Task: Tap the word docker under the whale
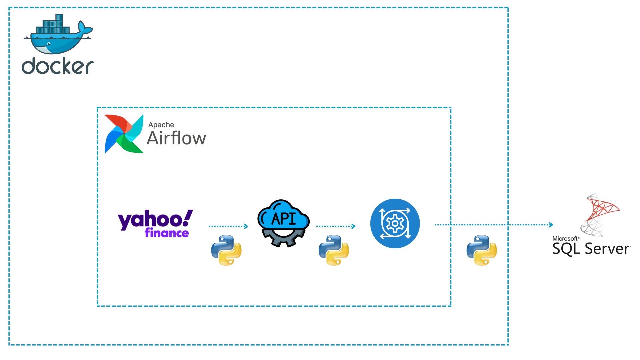click(x=57, y=66)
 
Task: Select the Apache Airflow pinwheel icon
click(x=124, y=134)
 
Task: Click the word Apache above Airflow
click(x=161, y=125)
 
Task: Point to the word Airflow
click(x=176, y=138)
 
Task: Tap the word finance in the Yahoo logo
click(x=167, y=233)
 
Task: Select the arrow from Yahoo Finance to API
click(x=228, y=226)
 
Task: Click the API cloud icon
click(x=283, y=217)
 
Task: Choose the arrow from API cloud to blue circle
click(x=336, y=226)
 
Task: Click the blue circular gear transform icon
click(x=395, y=223)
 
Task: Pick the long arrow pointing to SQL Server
click(x=493, y=225)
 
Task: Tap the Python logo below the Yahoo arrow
click(x=226, y=250)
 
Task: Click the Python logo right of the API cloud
click(x=334, y=250)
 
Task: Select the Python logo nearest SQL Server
click(x=482, y=250)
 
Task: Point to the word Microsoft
click(x=565, y=239)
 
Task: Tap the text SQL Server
click(x=591, y=249)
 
